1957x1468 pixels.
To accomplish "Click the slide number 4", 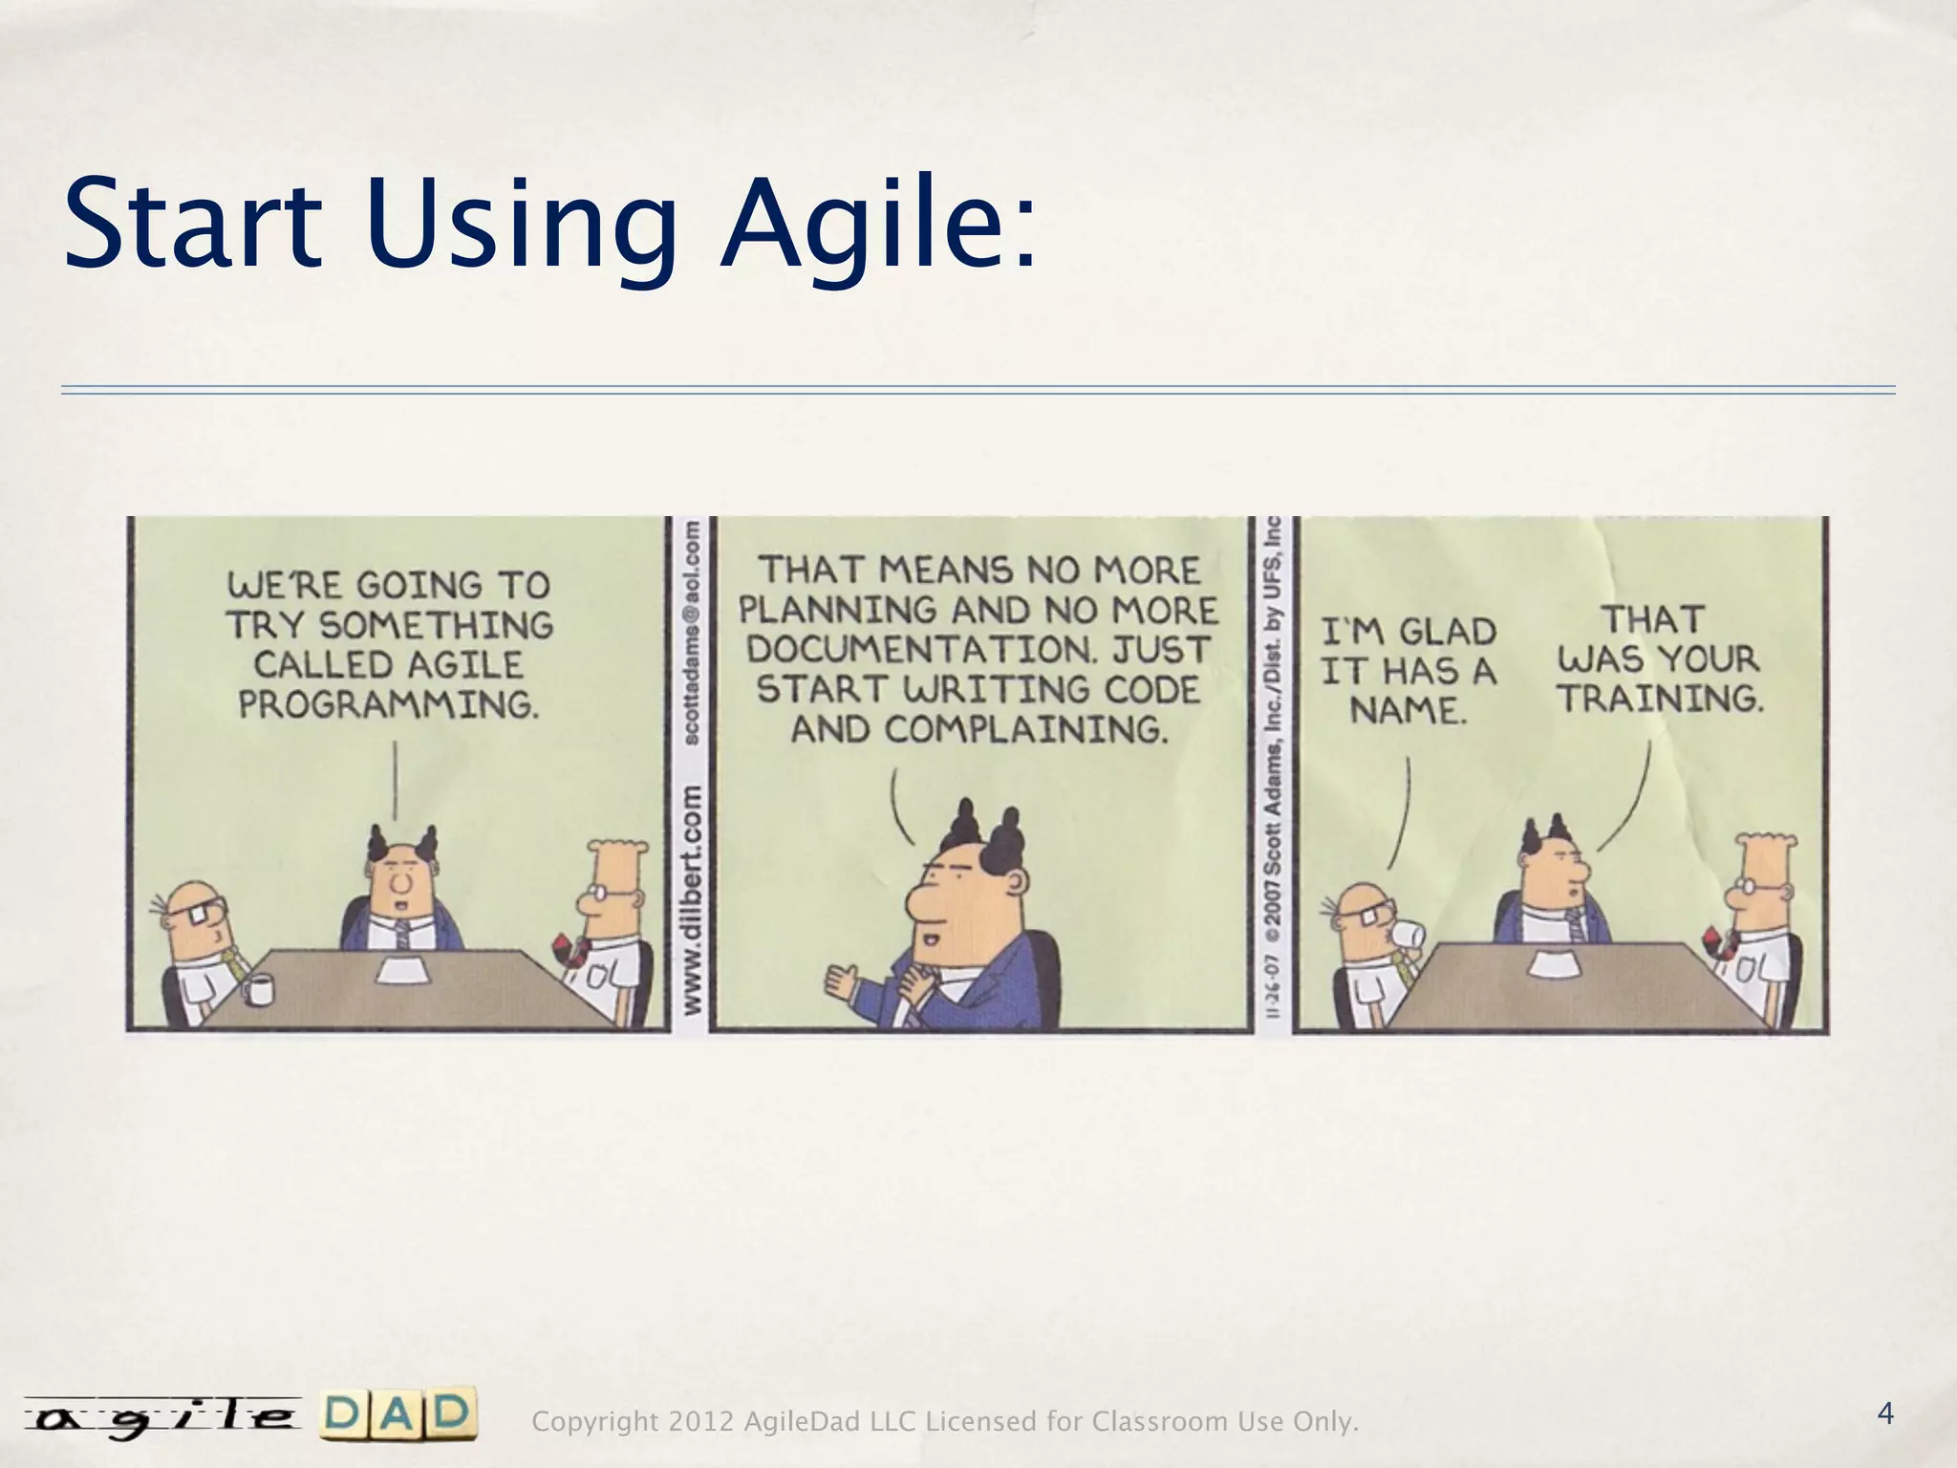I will pos(1885,1413).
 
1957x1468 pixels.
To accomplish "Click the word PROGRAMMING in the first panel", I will pos(388,704).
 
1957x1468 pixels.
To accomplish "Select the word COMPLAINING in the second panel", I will pos(1025,730).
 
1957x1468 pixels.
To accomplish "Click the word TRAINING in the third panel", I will pos(1660,699).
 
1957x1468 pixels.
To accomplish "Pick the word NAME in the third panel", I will pos(1408,710).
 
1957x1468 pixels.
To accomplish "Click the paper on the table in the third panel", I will pos(1554,963).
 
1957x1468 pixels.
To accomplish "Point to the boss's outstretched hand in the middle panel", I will pos(843,981).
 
